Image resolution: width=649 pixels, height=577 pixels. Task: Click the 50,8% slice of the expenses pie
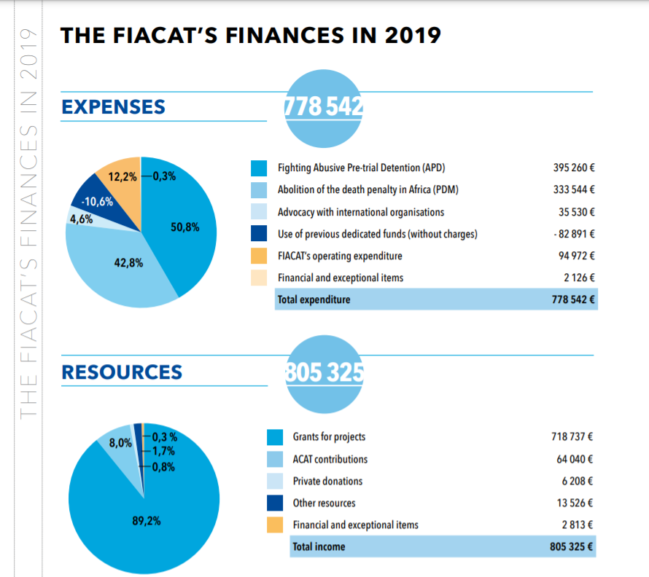[182, 226]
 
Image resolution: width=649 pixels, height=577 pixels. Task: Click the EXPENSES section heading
[113, 107]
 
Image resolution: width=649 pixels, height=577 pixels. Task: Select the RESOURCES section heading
[122, 372]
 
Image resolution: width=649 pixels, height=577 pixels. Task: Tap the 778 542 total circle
[322, 107]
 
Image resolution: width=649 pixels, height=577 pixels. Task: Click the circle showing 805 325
[322, 372]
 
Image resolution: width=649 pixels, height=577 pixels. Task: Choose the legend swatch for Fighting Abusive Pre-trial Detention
[259, 168]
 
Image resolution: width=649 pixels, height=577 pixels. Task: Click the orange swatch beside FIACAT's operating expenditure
[259, 256]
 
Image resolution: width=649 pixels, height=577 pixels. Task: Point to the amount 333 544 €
[575, 190]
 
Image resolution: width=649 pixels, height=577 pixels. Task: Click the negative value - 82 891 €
[575, 234]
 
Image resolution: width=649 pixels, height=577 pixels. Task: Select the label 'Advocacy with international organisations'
[361, 212]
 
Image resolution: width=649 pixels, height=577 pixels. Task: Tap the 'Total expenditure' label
[314, 299]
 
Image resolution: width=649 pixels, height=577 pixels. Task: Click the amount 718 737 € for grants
[572, 437]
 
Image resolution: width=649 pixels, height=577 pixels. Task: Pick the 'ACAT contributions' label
[330, 459]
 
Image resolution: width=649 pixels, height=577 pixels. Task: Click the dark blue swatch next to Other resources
[274, 503]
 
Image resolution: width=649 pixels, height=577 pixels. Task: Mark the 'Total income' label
[319, 546]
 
